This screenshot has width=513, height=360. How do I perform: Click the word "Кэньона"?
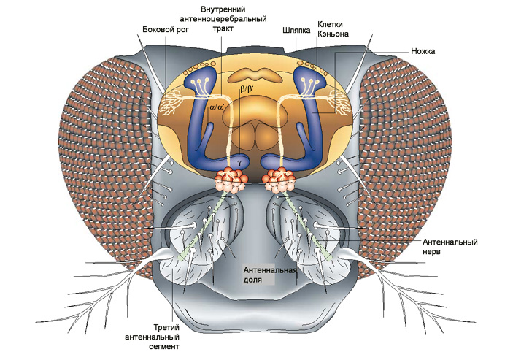[x=333, y=34]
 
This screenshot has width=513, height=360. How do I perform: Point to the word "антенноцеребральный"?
[x=224, y=18]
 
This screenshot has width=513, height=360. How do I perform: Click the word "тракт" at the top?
[x=224, y=29]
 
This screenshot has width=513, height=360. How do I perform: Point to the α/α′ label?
[x=217, y=106]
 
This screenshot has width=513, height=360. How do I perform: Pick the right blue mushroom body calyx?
[x=302, y=80]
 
